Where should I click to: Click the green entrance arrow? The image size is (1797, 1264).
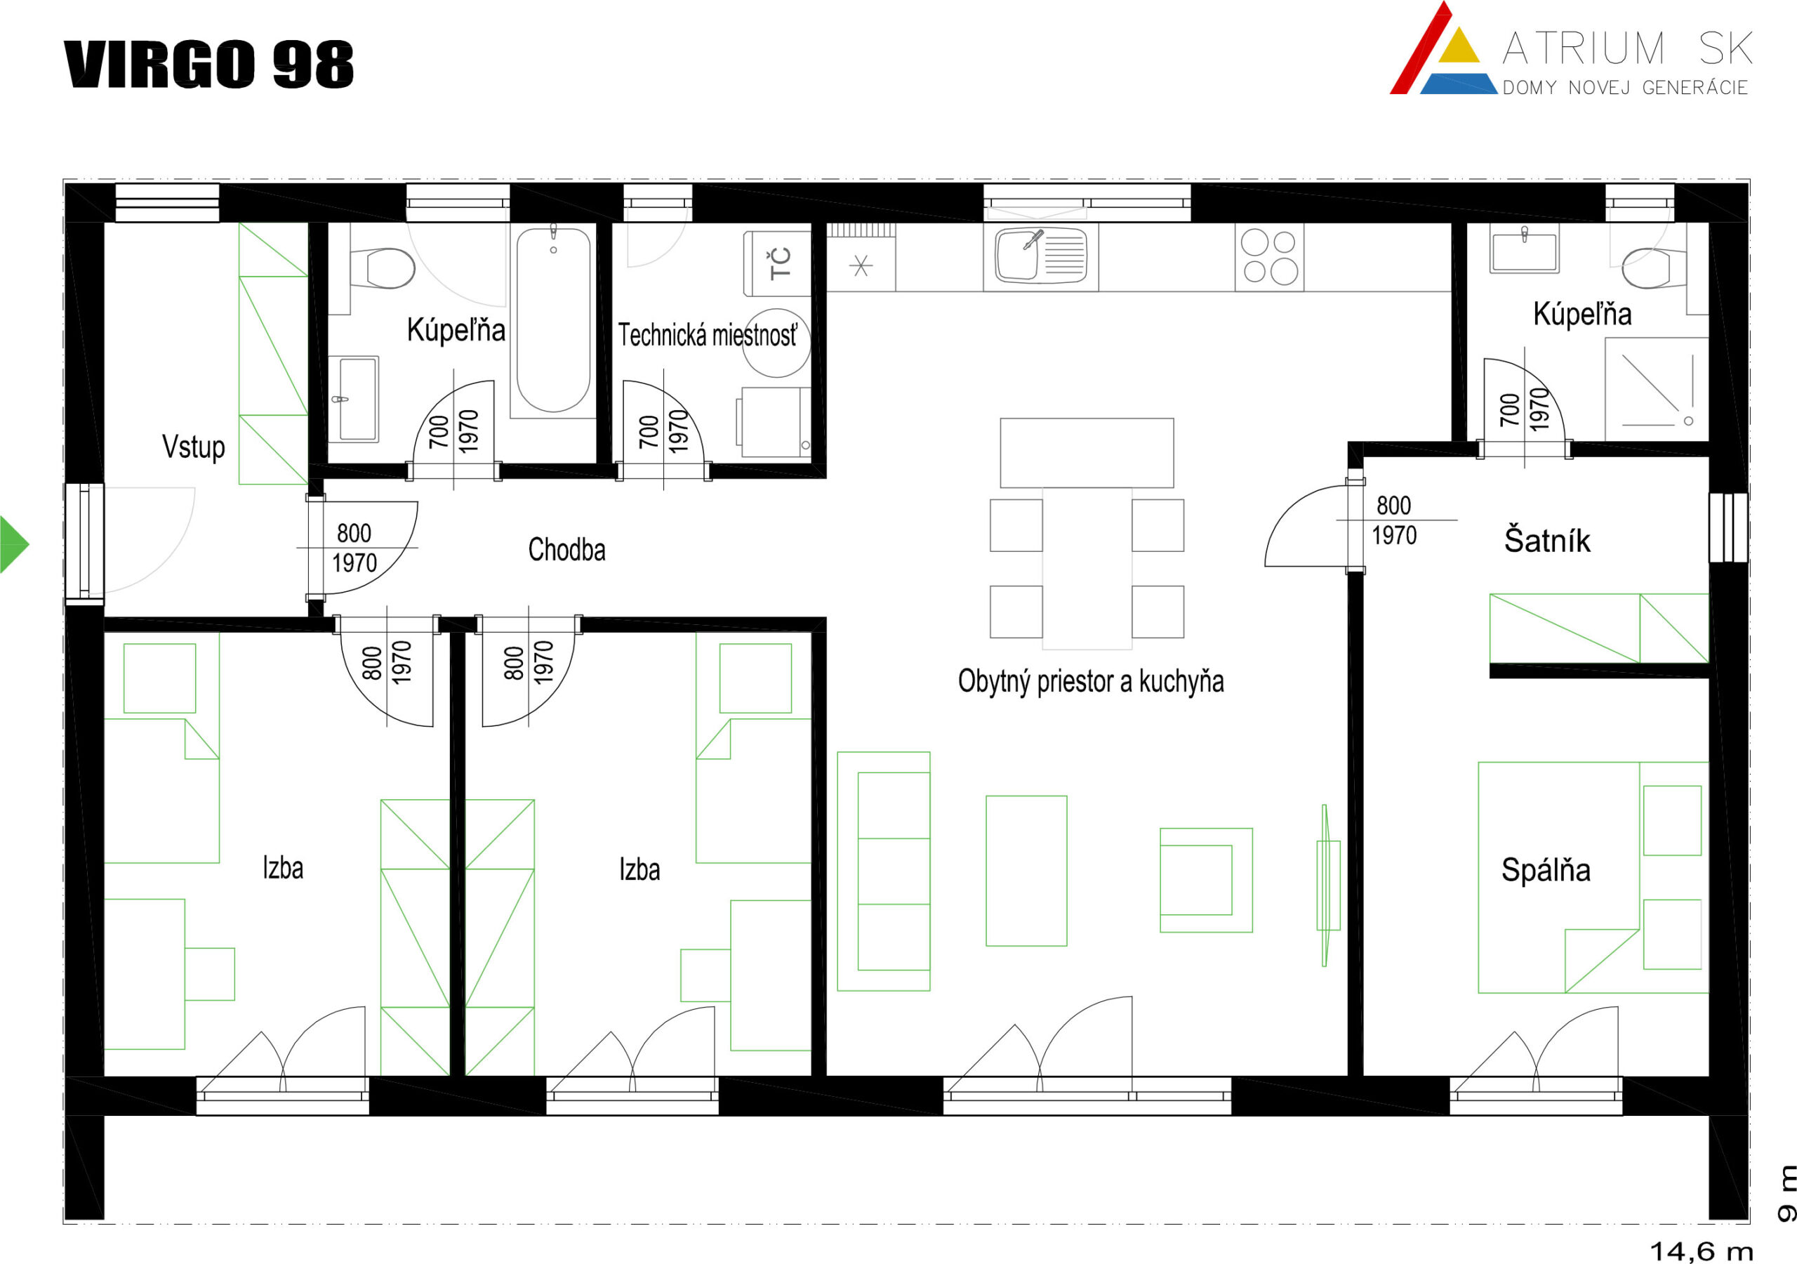pyautogui.click(x=13, y=544)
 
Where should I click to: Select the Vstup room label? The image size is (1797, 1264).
pyautogui.click(x=193, y=447)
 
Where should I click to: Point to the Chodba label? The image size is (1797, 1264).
pyautogui.click(x=566, y=550)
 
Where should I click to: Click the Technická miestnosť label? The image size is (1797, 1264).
pyautogui.click(x=708, y=335)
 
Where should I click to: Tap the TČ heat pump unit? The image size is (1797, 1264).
pyautogui.click(x=777, y=263)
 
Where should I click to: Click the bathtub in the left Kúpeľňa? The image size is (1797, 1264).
pyautogui.click(x=553, y=319)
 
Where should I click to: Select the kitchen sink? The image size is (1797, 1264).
pyautogui.click(x=1041, y=256)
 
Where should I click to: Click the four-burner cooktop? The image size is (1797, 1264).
pyautogui.click(x=1270, y=256)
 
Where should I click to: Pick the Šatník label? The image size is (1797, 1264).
pyautogui.click(x=1547, y=541)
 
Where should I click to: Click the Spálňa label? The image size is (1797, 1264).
pyautogui.click(x=1546, y=870)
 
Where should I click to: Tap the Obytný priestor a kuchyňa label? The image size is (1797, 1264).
pyautogui.click(x=1091, y=681)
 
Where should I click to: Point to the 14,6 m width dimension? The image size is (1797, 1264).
pyautogui.click(x=1702, y=1251)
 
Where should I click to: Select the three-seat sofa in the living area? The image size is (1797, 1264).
pyautogui.click(x=884, y=871)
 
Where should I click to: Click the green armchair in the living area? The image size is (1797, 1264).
pyautogui.click(x=1206, y=881)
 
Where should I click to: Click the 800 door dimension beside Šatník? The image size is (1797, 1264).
pyautogui.click(x=1394, y=505)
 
